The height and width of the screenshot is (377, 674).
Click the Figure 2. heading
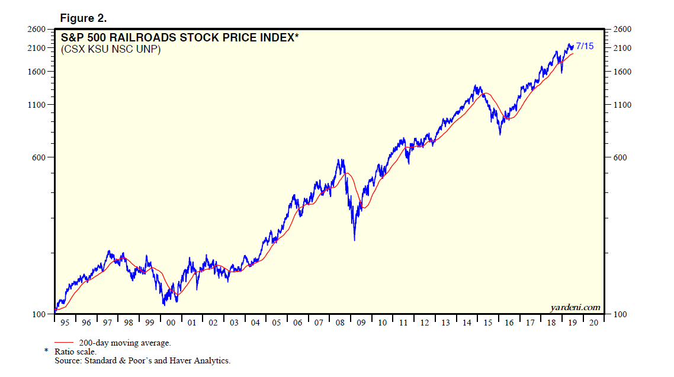pos(83,18)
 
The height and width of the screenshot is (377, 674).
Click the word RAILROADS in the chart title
pos(140,38)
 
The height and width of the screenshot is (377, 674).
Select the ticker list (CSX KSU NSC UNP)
pos(111,50)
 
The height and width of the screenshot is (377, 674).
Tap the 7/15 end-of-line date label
pos(585,46)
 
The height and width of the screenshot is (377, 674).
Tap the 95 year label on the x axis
pos(65,323)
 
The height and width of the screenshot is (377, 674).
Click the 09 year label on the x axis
pos(361,323)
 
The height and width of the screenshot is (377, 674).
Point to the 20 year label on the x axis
pos(594,323)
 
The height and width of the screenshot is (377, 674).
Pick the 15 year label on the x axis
pos(487,323)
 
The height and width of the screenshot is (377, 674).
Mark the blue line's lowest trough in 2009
pos(354,240)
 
